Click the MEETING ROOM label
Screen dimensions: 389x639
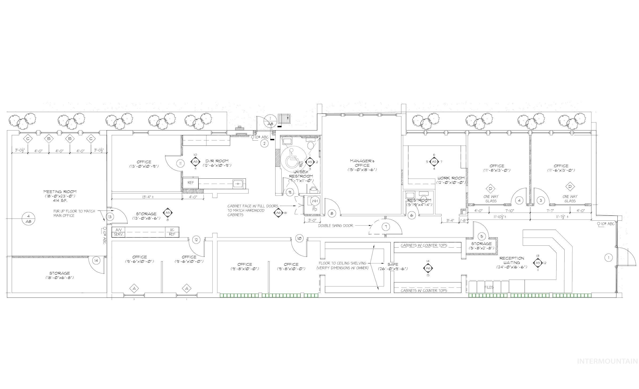(60, 192)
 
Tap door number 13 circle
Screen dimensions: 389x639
(110, 217)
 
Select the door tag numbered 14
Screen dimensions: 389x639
(96, 260)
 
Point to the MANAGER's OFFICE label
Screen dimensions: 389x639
(362, 163)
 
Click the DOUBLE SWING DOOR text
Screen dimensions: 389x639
(336, 226)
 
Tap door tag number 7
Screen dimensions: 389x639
(386, 227)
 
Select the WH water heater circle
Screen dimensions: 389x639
(315, 201)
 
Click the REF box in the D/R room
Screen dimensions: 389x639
(190, 183)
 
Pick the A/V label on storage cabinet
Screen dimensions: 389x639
(118, 230)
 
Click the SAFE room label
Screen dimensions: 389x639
(393, 264)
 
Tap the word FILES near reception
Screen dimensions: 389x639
(489, 287)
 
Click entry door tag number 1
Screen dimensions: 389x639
(608, 258)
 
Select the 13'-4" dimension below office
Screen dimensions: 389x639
(147, 197)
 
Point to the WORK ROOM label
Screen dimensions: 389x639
(451, 178)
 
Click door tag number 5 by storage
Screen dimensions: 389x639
(482, 236)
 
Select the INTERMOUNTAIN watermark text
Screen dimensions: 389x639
(607, 361)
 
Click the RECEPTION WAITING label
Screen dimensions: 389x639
(512, 260)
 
